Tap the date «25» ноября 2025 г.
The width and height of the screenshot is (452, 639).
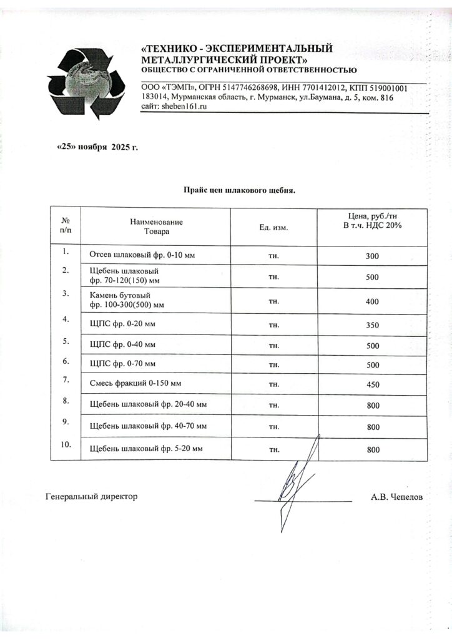[x=97, y=147]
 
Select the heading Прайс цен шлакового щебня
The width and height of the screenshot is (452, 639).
[x=238, y=190]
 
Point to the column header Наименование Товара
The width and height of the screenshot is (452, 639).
[x=156, y=227]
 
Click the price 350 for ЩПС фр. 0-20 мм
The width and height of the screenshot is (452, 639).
[x=373, y=325]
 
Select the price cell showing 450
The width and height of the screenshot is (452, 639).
[x=373, y=384]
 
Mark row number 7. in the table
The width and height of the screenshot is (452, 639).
[x=66, y=379]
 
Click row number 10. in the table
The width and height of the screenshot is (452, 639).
[x=66, y=444]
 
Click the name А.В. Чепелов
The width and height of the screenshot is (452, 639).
[x=396, y=497]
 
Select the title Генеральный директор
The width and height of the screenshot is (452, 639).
[x=91, y=497]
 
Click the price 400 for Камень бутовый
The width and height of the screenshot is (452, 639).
[x=373, y=302]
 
